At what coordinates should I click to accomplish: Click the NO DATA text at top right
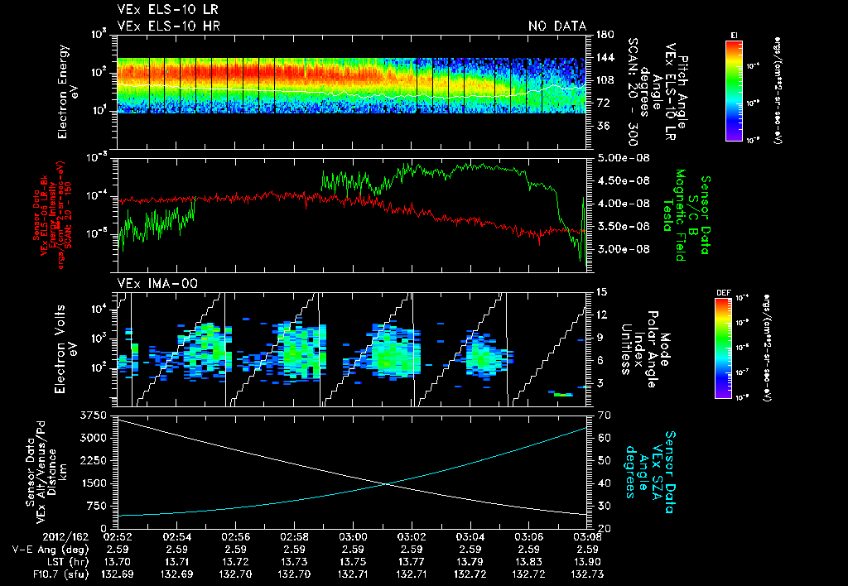[556, 26]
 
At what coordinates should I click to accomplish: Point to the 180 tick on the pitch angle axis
[603, 34]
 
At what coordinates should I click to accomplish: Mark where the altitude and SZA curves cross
[386, 485]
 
